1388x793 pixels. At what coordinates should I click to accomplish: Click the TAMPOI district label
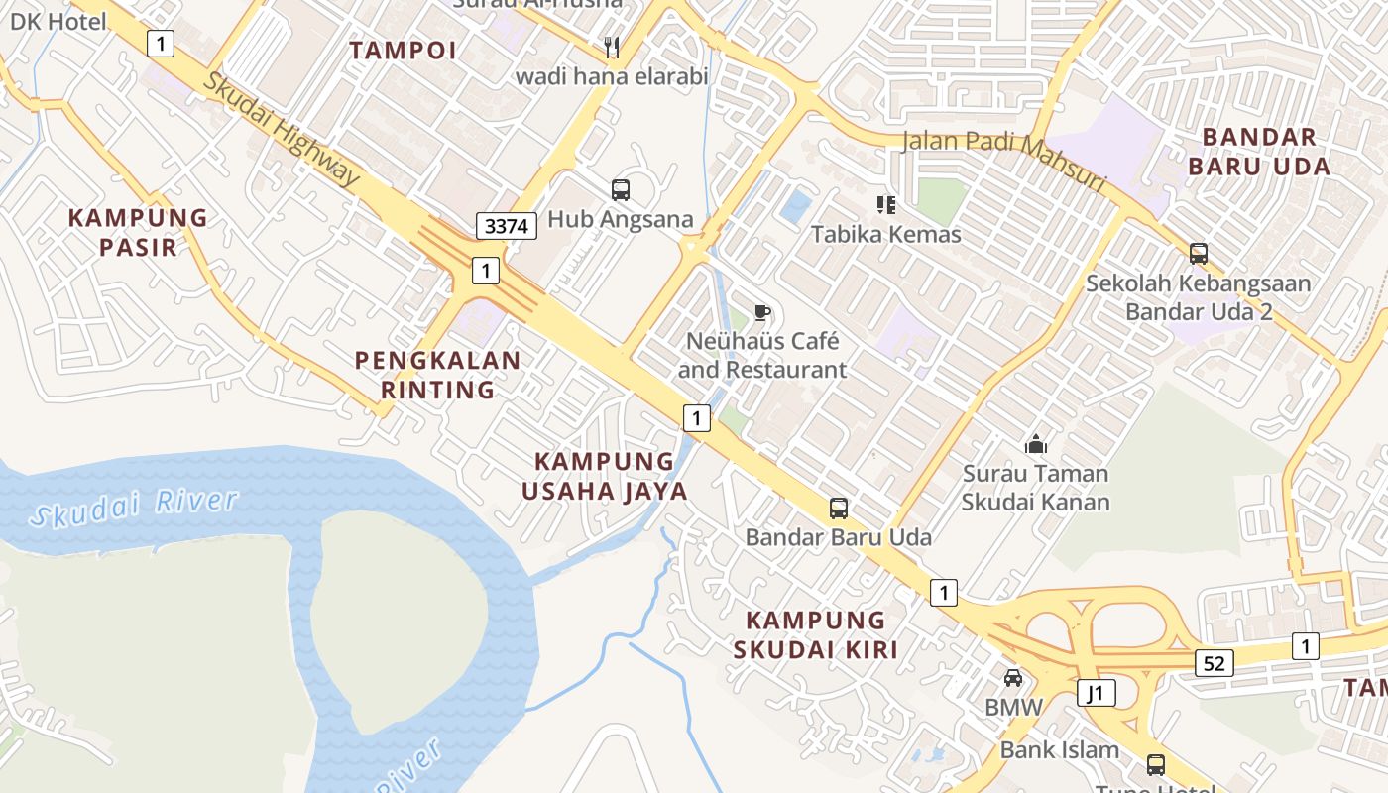coord(403,51)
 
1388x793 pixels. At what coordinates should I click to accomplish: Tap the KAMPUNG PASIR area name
coord(138,232)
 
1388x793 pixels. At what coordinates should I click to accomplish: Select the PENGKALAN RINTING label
coord(438,375)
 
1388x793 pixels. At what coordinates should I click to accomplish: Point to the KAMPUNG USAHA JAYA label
coord(605,476)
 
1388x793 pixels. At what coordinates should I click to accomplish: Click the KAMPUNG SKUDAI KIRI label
coord(816,635)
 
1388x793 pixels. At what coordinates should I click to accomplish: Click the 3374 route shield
coord(507,226)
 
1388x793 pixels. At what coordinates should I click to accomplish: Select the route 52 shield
coord(1214,663)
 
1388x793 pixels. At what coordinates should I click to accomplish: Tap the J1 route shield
coord(1096,693)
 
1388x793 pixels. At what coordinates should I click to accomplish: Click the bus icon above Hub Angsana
coord(621,190)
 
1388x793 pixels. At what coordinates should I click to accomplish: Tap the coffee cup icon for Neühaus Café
coord(761,313)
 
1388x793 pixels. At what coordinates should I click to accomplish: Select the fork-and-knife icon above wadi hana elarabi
coord(612,47)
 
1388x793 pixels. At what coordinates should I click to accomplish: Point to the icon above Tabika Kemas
coord(885,205)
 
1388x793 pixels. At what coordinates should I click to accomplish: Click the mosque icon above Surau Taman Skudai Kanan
coord(1036,444)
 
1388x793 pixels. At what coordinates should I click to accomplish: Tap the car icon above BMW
coord(1013,678)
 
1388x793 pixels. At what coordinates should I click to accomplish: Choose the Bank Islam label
coord(1059,749)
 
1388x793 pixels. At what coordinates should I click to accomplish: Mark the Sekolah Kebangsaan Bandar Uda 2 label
coord(1198,297)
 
